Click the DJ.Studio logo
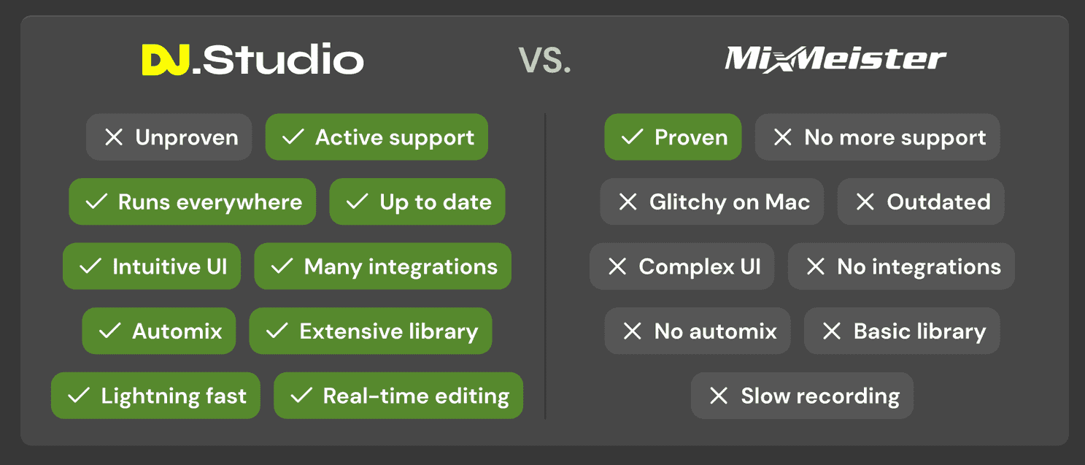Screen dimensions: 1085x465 coord(252,60)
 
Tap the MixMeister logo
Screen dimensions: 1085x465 coord(835,59)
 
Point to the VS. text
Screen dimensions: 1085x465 coord(544,61)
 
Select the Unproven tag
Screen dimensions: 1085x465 coord(169,137)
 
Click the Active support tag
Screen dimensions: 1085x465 coord(377,137)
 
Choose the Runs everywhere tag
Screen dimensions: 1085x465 coord(193,201)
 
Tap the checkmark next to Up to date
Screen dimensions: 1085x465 coord(357,201)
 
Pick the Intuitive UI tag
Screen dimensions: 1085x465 coord(152,266)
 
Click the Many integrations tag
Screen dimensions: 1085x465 coord(382,266)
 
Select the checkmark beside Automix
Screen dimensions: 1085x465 coord(109,331)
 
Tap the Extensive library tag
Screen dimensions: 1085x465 coord(371,331)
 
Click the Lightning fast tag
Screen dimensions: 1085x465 coord(155,395)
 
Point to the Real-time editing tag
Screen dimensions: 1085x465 coord(398,395)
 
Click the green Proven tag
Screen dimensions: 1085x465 coord(673,137)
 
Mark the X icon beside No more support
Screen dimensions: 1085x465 coord(783,137)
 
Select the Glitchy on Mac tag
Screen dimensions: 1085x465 coord(712,201)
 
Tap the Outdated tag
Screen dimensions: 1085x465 coord(921,201)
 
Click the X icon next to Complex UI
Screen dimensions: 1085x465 coord(617,266)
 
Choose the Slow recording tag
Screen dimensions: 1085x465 coord(802,395)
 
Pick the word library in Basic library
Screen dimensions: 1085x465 coord(951,332)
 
